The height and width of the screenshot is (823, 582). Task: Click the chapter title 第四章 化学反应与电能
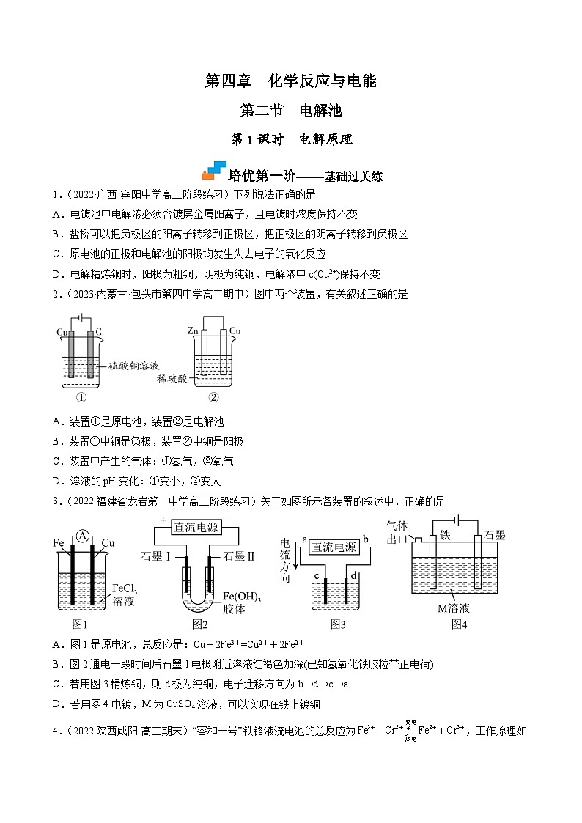pyautogui.click(x=290, y=81)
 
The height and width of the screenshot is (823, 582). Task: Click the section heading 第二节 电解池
pyautogui.click(x=291, y=111)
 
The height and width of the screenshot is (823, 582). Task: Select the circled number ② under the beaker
pyautogui.click(x=214, y=399)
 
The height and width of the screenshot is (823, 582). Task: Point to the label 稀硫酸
pyautogui.click(x=172, y=379)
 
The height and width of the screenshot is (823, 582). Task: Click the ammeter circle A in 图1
pyautogui.click(x=84, y=536)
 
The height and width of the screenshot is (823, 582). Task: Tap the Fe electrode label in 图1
pyautogui.click(x=60, y=543)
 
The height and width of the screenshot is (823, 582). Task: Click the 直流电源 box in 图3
pyautogui.click(x=334, y=547)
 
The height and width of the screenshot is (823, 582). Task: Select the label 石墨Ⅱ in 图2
pyautogui.click(x=238, y=556)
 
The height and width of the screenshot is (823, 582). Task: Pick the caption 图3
pyautogui.click(x=337, y=624)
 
